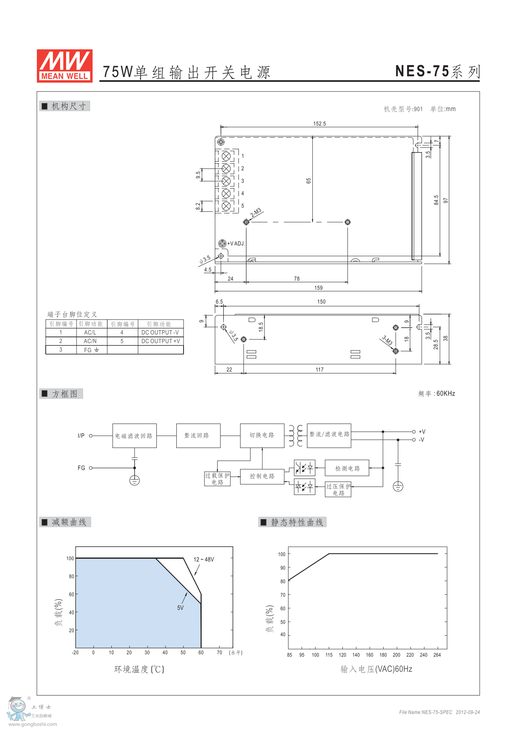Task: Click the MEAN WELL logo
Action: (x=65, y=66)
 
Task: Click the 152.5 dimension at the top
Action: (x=319, y=124)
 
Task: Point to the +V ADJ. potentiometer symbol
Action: (x=222, y=243)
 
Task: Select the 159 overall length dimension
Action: (x=318, y=288)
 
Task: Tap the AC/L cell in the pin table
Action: (x=90, y=333)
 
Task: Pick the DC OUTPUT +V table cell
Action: (x=161, y=341)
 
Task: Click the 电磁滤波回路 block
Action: (x=134, y=436)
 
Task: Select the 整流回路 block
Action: (x=198, y=436)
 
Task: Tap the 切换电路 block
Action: (x=262, y=436)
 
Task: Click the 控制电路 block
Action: (x=262, y=476)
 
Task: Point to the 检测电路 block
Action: (x=347, y=468)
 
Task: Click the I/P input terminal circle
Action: (x=91, y=436)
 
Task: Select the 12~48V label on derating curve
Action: (x=204, y=559)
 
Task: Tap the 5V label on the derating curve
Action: (x=180, y=608)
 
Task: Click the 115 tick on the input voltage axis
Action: (x=329, y=655)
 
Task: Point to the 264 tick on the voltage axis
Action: (x=437, y=655)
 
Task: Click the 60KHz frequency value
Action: (x=446, y=393)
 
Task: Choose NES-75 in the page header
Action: (x=422, y=71)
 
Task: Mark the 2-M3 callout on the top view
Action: (x=256, y=213)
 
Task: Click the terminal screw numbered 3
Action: (x=226, y=181)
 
